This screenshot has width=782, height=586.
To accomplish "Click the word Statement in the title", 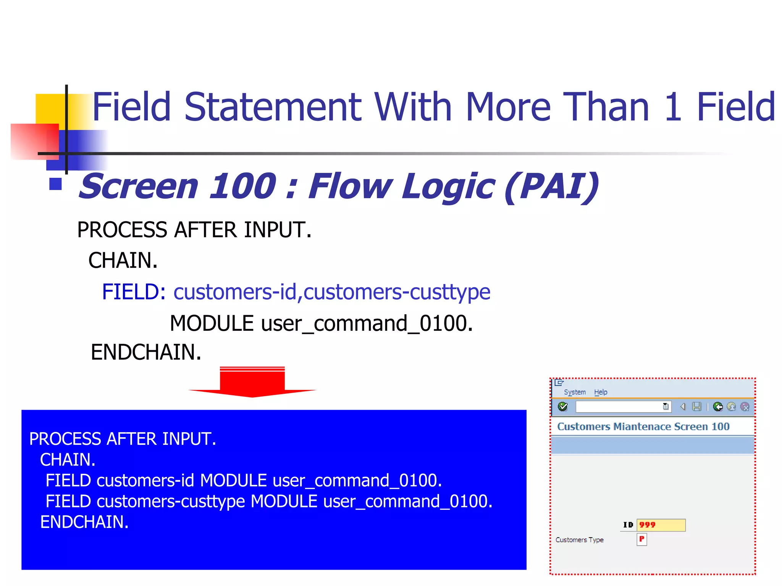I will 273,107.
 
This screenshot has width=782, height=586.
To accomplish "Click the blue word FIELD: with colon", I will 134,292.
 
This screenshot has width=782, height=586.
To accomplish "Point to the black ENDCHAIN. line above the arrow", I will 146,352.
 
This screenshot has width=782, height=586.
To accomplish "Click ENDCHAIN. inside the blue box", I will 84,522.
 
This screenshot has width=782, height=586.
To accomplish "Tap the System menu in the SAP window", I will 574,392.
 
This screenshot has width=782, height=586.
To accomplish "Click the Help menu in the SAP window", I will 600,392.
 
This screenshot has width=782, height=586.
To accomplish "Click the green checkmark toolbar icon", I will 562,407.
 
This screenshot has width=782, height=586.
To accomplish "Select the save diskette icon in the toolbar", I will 696,407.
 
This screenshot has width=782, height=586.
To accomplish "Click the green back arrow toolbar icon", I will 717,407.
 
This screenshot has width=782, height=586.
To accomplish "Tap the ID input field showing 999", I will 661,525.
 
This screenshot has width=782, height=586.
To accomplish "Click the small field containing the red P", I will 642,539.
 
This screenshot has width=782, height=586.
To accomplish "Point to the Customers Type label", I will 579,540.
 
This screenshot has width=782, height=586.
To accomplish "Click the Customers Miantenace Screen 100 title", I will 643,427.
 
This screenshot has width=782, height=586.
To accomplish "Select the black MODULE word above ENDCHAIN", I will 212,324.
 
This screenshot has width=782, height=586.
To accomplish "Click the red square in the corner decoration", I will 34,141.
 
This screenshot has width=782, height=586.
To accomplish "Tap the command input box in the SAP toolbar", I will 619,407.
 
